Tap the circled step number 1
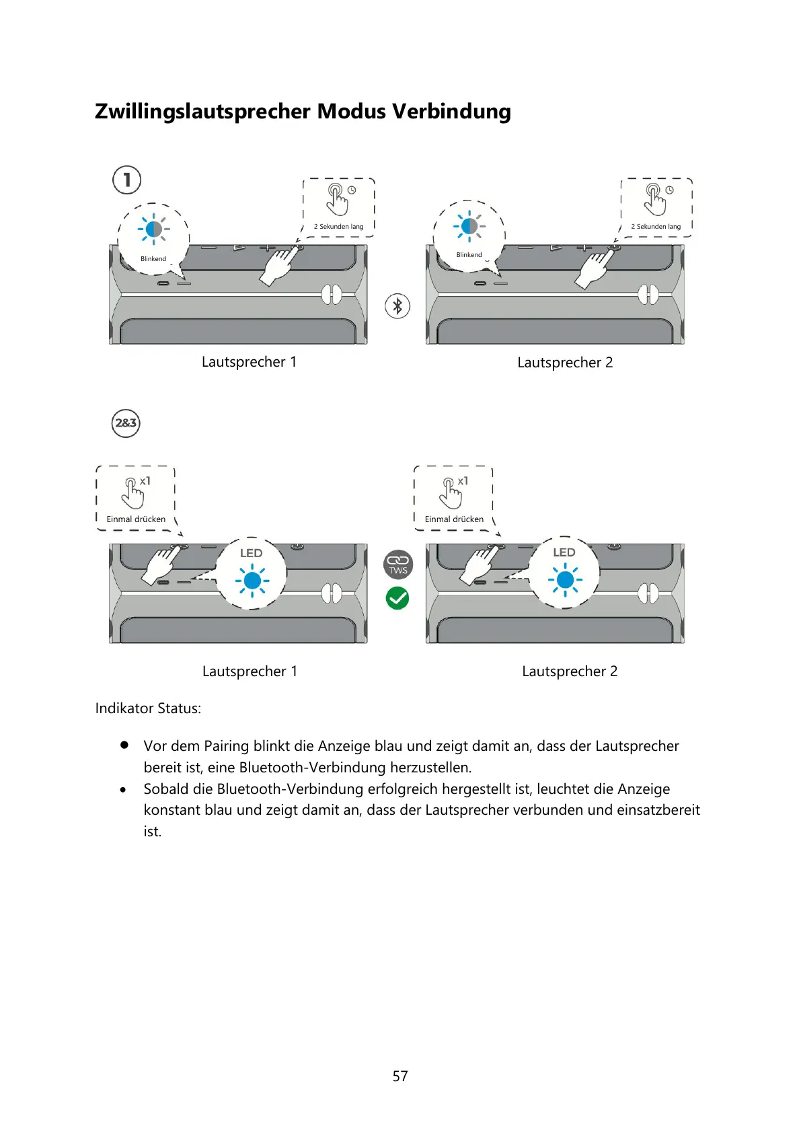126,180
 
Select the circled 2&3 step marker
126,423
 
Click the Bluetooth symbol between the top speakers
397,306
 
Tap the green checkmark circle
397,597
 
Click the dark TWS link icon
397,564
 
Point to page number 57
400,1076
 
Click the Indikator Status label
148,708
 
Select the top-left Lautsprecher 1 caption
249,362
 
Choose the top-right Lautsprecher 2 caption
565,363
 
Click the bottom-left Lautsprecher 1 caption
250,671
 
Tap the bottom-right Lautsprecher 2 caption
570,671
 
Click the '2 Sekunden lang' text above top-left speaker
338,227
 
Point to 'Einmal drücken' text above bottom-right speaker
454,519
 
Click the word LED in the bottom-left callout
251,553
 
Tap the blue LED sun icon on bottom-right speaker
565,579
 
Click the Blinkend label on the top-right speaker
469,255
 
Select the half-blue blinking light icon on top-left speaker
153,229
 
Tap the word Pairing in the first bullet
227,745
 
